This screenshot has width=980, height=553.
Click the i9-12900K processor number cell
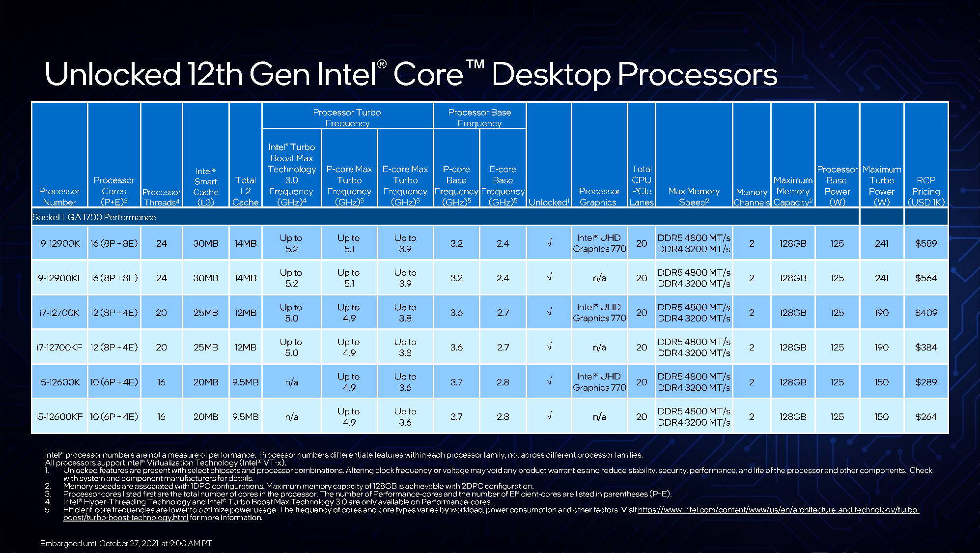59,243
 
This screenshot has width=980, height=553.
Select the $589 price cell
926,243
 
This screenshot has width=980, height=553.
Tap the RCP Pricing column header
926,191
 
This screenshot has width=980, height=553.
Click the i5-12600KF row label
59,417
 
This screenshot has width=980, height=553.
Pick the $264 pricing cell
926,417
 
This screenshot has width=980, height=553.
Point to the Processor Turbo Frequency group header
347,117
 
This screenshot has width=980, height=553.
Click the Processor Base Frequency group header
479,117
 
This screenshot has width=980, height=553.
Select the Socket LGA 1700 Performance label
94,217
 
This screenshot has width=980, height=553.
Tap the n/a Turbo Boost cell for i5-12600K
291,382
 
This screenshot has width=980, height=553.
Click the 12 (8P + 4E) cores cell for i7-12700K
114,313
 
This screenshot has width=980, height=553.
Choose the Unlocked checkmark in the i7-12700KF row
549,347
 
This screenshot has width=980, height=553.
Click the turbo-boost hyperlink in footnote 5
778,510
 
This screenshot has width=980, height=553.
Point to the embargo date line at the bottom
126,543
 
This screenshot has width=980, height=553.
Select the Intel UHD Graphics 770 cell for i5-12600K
599,382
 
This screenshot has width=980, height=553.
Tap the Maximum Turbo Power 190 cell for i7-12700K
881,313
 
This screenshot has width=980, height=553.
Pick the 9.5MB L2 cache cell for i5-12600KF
245,417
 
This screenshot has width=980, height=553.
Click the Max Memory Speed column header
694,196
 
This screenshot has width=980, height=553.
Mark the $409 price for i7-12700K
926,313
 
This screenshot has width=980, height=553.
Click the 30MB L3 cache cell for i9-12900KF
205,278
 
